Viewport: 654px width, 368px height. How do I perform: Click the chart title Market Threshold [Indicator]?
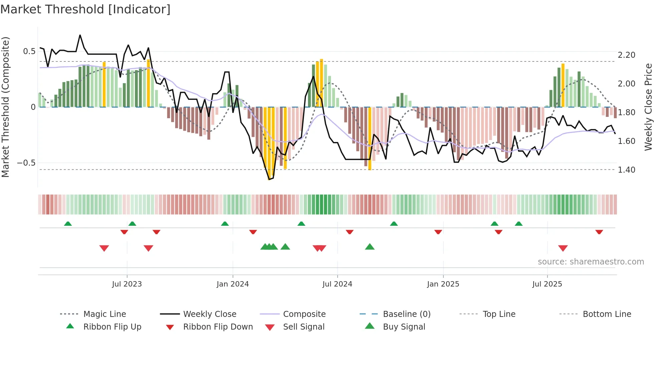pyautogui.click(x=85, y=9)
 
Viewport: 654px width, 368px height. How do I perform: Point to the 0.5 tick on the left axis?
pyautogui.click(x=29, y=51)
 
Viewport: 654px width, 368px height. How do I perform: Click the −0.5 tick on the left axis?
pyautogui.click(x=26, y=163)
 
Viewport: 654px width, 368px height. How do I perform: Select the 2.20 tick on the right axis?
pyautogui.click(x=626, y=55)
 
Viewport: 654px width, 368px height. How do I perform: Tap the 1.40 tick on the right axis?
pyautogui.click(x=626, y=170)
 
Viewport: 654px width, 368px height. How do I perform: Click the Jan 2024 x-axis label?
pyautogui.click(x=233, y=284)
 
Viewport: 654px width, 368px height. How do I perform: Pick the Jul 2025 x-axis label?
pyautogui.click(x=547, y=284)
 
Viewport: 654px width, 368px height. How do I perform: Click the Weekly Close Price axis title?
pyautogui.click(x=648, y=107)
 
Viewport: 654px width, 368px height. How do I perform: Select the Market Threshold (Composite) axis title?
pyautogui.click(x=5, y=107)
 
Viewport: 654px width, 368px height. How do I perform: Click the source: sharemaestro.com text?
pyautogui.click(x=591, y=262)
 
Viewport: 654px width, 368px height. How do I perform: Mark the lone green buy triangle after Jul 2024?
pyautogui.click(x=370, y=247)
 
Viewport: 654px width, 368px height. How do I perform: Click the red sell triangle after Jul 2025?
pyautogui.click(x=563, y=248)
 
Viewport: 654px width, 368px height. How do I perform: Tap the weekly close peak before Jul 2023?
pyautogui.click(x=80, y=35)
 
